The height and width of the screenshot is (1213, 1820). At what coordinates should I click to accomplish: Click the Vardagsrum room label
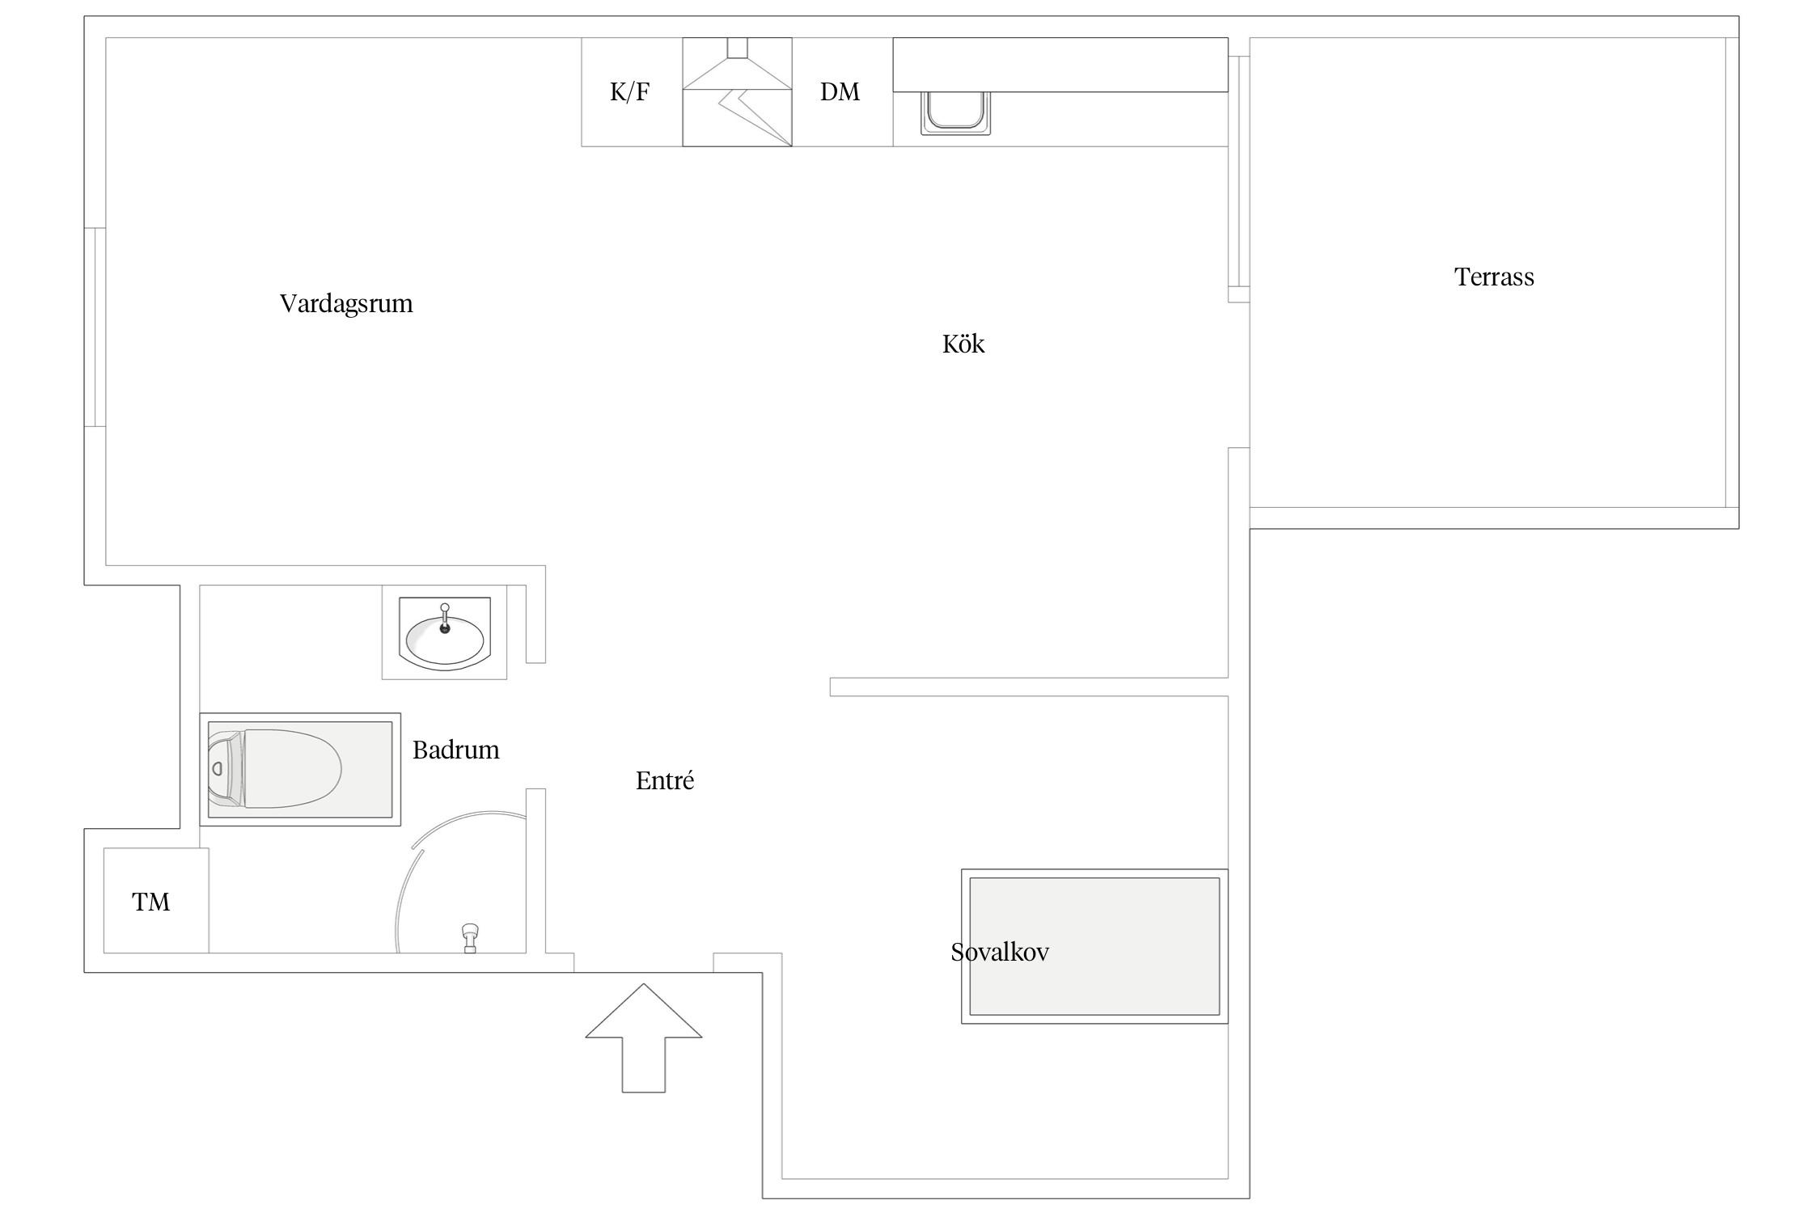tap(346, 304)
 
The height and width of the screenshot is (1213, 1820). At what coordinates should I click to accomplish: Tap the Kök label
tap(963, 344)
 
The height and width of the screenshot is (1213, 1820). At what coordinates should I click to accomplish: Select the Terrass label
tap(1494, 277)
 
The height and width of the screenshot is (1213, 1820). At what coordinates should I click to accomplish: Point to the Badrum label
tap(456, 750)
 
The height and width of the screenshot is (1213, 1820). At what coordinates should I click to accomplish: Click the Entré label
tap(665, 780)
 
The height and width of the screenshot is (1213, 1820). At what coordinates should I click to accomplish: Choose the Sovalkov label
tap(1000, 952)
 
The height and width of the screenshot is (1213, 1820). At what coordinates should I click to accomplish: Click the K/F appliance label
tap(629, 92)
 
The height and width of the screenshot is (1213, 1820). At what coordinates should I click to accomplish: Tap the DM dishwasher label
tap(840, 92)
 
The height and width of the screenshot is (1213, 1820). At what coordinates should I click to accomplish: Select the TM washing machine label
tap(151, 902)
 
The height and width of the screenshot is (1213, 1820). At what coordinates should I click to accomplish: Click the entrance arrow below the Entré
tap(644, 1038)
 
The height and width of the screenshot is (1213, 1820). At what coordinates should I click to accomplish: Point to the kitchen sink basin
tap(955, 112)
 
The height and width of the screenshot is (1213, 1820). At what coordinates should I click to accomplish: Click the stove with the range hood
tap(737, 92)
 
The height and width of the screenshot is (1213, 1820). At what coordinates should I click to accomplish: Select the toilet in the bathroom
tap(274, 768)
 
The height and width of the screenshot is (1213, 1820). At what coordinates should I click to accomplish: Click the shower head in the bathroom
tap(470, 937)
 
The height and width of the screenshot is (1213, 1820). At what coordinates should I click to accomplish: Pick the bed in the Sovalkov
tap(1094, 946)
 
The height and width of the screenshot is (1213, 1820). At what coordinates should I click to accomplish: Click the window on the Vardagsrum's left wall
tap(95, 327)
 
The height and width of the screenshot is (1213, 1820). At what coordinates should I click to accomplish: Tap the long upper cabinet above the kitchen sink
tap(1060, 65)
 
